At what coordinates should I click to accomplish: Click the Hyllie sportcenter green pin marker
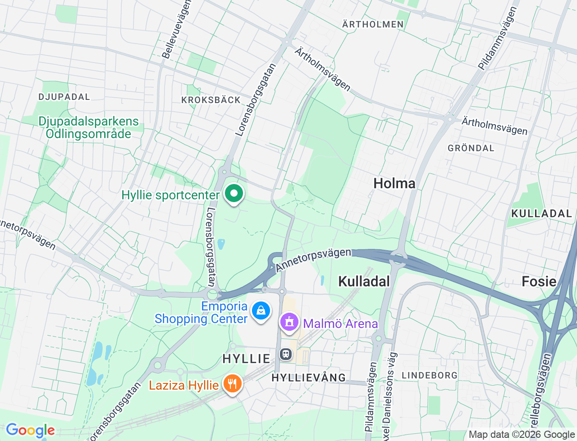point(234,194)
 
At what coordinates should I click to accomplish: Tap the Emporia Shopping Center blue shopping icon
point(261,310)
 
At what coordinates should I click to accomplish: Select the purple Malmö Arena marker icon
point(289,322)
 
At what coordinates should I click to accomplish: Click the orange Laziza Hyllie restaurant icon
point(232,384)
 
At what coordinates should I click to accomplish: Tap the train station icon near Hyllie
point(286,354)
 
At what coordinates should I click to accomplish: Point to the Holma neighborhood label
point(394,183)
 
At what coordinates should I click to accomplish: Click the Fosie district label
point(539,281)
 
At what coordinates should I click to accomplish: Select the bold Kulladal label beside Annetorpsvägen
point(364,281)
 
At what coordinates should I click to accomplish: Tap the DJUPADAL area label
point(64,97)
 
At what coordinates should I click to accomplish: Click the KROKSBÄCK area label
point(211,100)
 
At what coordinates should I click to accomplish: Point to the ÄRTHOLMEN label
point(373,24)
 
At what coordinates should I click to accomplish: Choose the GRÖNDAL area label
point(471,148)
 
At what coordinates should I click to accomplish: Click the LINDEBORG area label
point(430,375)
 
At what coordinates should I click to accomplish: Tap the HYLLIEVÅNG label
point(309,378)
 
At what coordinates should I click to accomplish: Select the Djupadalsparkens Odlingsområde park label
point(88,127)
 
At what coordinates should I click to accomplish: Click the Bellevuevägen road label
point(176,30)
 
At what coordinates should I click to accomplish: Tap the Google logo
point(30,430)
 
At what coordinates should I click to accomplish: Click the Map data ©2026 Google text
point(522,434)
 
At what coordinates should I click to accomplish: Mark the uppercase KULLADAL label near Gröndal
point(541,213)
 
